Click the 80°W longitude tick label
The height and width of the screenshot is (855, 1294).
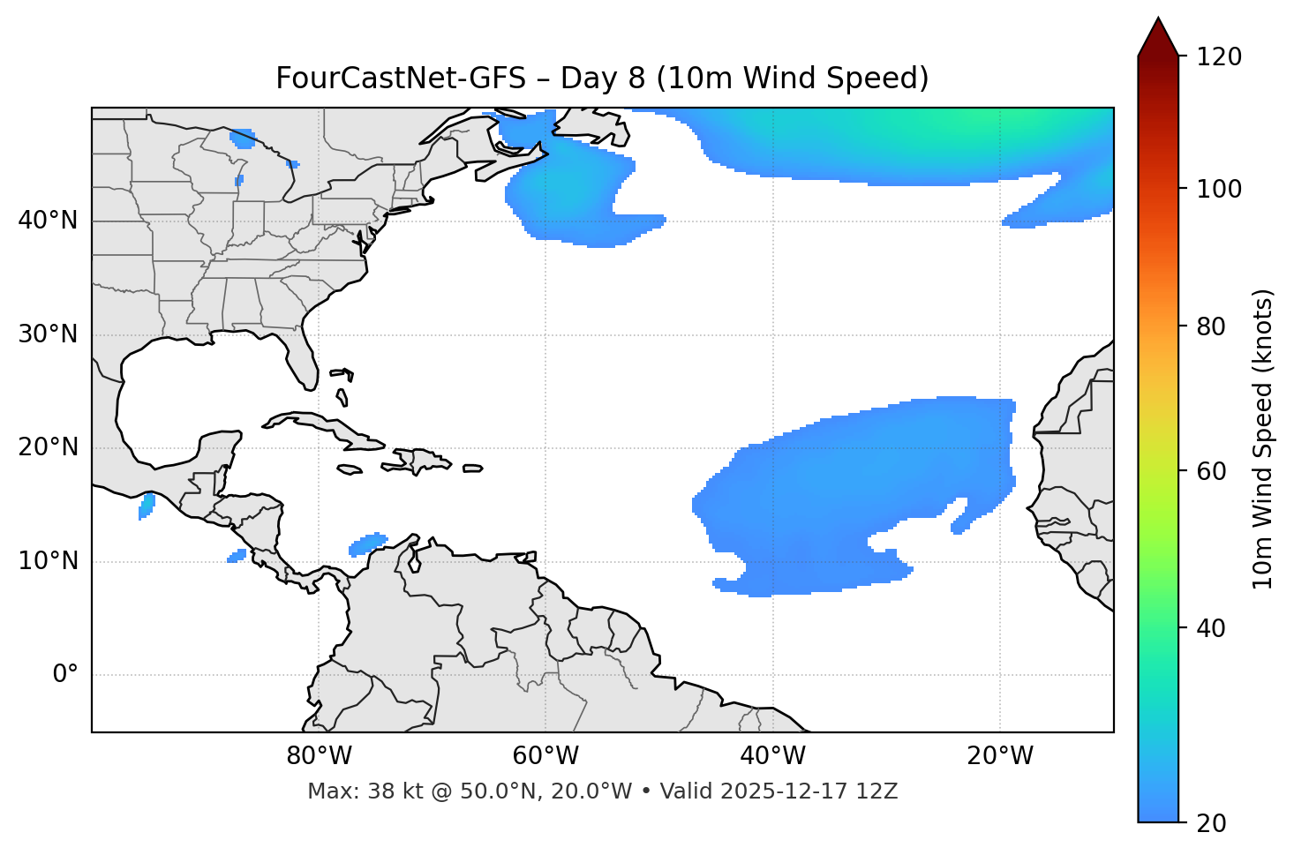click(x=319, y=755)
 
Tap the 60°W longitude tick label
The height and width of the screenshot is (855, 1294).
click(x=545, y=755)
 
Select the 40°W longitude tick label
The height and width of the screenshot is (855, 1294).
click(x=772, y=755)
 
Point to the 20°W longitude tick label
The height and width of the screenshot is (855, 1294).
click(x=999, y=755)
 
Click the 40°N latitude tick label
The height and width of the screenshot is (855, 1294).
click(x=48, y=221)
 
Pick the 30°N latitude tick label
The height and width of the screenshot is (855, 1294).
click(x=48, y=334)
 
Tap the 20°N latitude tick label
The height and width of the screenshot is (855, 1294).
click(x=48, y=447)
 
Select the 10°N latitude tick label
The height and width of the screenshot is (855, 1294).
click(x=48, y=561)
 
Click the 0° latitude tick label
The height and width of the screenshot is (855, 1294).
click(x=65, y=675)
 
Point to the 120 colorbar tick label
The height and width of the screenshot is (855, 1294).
click(x=1219, y=57)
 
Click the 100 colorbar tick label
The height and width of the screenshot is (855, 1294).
click(x=1219, y=189)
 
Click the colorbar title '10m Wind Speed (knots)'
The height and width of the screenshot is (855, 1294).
click(x=1263, y=439)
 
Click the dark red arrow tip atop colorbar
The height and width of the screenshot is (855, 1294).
click(x=1158, y=35)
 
